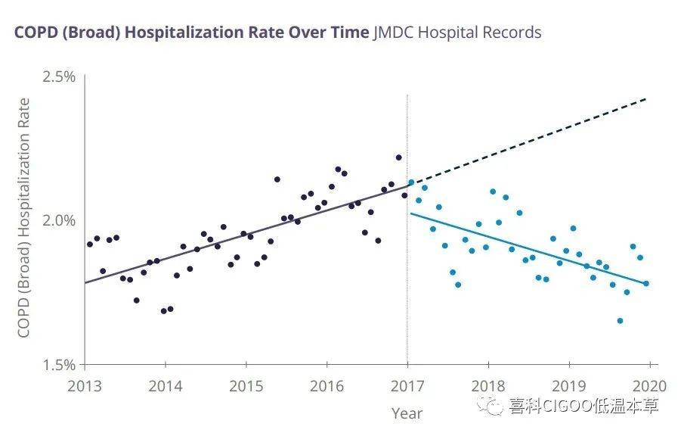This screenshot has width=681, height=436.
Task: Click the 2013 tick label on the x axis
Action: (85, 385)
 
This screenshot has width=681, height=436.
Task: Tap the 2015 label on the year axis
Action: (246, 385)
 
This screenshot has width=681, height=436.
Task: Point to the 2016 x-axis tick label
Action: (327, 385)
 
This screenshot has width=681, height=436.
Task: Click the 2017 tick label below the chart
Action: (407, 385)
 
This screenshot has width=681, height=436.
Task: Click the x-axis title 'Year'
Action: (407, 413)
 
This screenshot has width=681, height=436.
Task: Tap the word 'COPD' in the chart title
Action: (33, 33)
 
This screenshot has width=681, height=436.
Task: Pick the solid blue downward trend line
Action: (529, 249)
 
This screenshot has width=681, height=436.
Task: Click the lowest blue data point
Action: (620, 321)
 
